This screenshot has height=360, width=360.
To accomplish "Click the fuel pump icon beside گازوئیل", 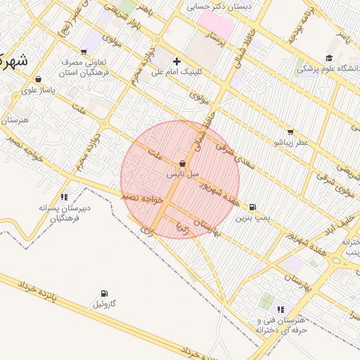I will click(x=104, y=293).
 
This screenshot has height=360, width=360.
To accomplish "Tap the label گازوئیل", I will click(x=105, y=304).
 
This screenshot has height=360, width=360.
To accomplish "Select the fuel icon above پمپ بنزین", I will click(x=252, y=207).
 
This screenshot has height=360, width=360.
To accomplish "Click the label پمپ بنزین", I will click(x=252, y=219).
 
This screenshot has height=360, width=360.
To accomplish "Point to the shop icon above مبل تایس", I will click(x=183, y=163).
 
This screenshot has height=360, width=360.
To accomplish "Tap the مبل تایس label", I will click(x=183, y=173).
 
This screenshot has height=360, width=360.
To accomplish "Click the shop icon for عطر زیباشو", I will click(x=290, y=131).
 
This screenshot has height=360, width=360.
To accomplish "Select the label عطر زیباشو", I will click(x=291, y=142).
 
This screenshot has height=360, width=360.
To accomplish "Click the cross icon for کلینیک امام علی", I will click(x=176, y=61).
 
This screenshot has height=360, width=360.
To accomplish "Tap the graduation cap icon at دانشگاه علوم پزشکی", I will click(x=329, y=58).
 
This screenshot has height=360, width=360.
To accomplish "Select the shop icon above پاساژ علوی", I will click(x=37, y=79).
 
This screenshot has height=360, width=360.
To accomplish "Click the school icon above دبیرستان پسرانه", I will click(x=64, y=197).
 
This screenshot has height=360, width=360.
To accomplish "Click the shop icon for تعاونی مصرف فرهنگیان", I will click(x=84, y=51).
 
